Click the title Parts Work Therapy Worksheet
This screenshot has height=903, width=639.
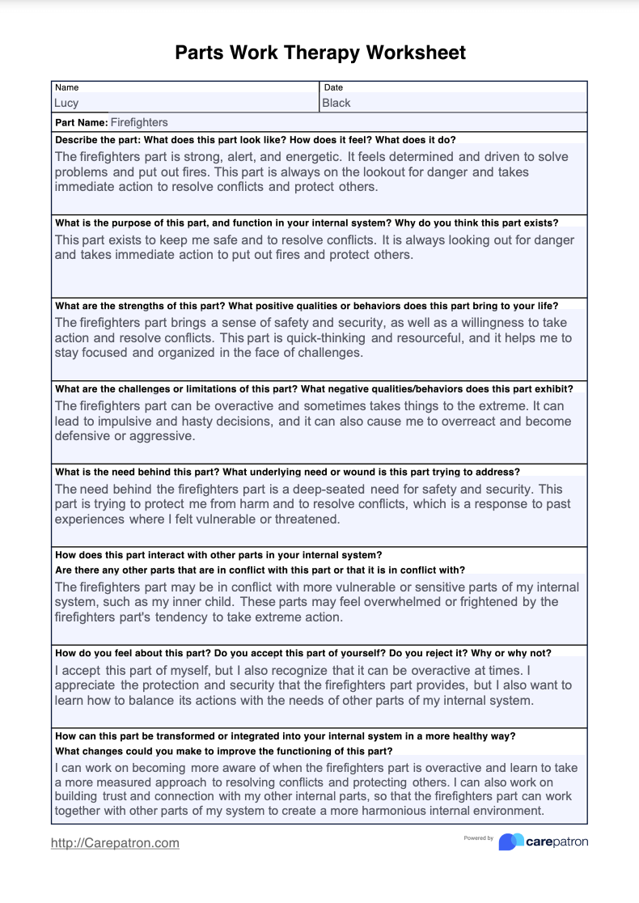pos(319,53)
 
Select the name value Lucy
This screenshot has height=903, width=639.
pos(66,103)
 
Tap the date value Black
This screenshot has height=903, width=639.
pos(336,103)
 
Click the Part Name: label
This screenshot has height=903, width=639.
pos(81,122)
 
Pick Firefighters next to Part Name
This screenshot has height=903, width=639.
pos(139,122)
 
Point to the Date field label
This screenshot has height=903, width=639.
pos(333,87)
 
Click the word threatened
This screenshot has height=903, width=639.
pos(308,519)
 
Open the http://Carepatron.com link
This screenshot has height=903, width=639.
pos(115,842)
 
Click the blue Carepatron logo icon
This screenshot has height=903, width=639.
pos(510,842)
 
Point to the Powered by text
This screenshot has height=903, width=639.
pos(478,838)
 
